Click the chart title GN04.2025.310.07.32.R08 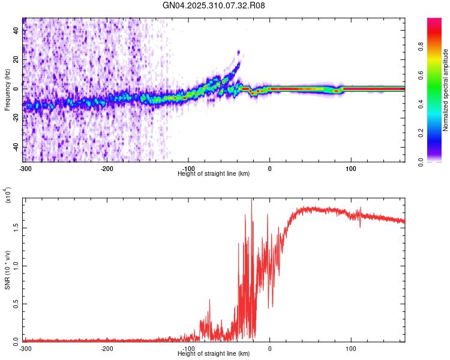tap(214, 5)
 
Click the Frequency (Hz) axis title tap(7, 90)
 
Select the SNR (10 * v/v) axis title tap(7, 270)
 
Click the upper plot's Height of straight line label tap(214, 173)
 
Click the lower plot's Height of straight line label tap(214, 353)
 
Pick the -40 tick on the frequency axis tap(16, 148)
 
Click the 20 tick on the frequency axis tap(17, 59)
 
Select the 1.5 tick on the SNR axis tap(16, 228)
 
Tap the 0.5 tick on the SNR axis tap(16, 304)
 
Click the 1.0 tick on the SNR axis tap(16, 266)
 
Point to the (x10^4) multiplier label tap(8, 194)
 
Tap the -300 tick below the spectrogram tap(25, 167)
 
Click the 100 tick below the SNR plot tap(350, 347)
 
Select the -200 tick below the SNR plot tap(107, 347)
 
